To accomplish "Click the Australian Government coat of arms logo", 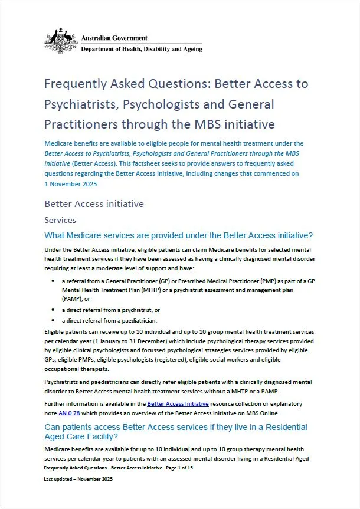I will [x=61, y=40].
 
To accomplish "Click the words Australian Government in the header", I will [x=110, y=38].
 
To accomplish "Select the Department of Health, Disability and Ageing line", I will [x=142, y=49].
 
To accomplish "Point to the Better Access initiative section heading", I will [x=94, y=204].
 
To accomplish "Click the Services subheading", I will [x=60, y=220].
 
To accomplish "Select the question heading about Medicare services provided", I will [x=179, y=235].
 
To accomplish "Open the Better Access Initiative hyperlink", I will [x=178, y=403].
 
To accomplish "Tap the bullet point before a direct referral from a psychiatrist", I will [x=54, y=310].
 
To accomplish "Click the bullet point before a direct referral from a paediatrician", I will [x=54, y=320].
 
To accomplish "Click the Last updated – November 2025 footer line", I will [x=78, y=479].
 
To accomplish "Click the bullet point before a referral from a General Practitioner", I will [x=54, y=282].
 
